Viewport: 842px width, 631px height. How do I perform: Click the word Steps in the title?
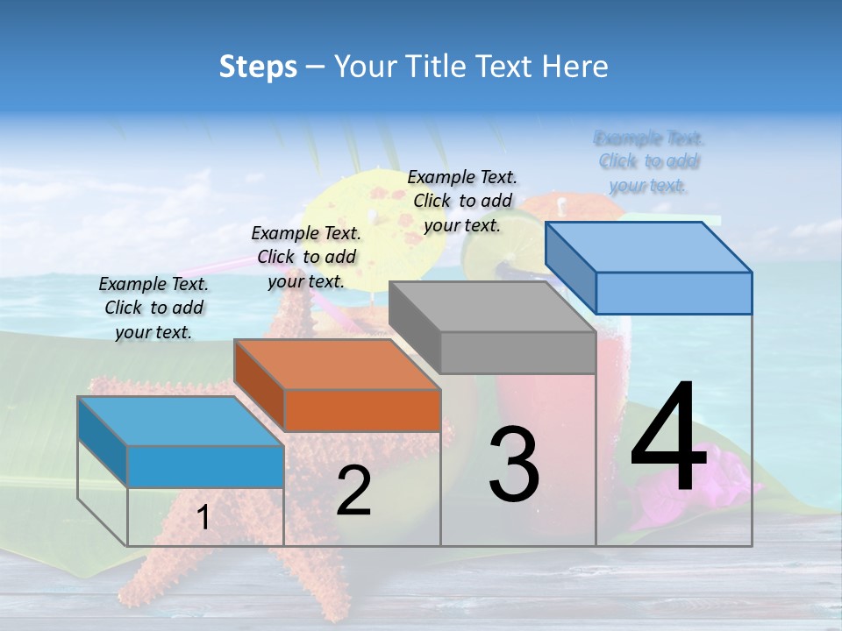(257, 67)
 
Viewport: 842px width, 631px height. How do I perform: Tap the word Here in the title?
(574, 67)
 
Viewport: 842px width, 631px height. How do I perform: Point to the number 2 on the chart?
(353, 491)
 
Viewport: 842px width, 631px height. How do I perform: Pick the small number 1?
(203, 517)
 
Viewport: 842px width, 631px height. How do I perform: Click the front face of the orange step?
(362, 410)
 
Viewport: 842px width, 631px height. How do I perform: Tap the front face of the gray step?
(517, 352)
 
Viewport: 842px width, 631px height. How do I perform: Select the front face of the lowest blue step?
(205, 466)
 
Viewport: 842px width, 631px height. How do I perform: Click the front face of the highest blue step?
(674, 293)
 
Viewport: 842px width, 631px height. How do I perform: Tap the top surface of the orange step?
(337, 364)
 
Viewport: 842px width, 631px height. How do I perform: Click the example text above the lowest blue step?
(153, 308)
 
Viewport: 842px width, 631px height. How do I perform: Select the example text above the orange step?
(306, 257)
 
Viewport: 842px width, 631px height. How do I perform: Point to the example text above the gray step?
(462, 201)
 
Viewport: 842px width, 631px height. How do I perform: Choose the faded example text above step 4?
(649, 161)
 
